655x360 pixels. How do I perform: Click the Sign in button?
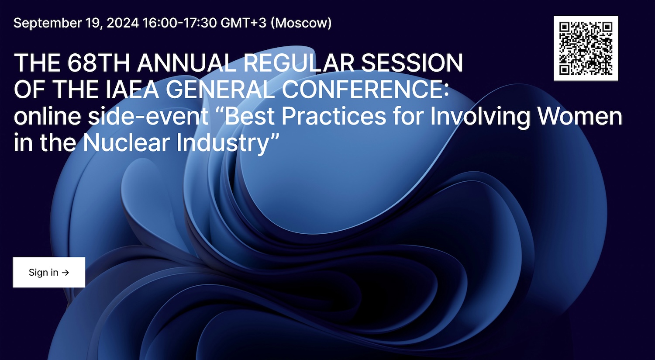coord(49,272)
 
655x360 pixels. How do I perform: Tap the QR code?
coord(586,48)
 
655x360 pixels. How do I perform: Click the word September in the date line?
coord(48,23)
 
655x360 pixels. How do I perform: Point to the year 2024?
coord(123,23)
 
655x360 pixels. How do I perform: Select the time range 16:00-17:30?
coord(179,23)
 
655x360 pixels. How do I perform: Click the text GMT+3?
coord(243,23)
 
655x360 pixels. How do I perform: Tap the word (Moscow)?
coord(301,23)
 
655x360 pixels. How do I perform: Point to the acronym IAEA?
coord(132,90)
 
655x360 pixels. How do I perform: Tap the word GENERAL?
coord(220,90)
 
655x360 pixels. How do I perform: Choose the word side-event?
coord(148,116)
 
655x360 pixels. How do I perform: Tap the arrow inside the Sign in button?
coord(65,273)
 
